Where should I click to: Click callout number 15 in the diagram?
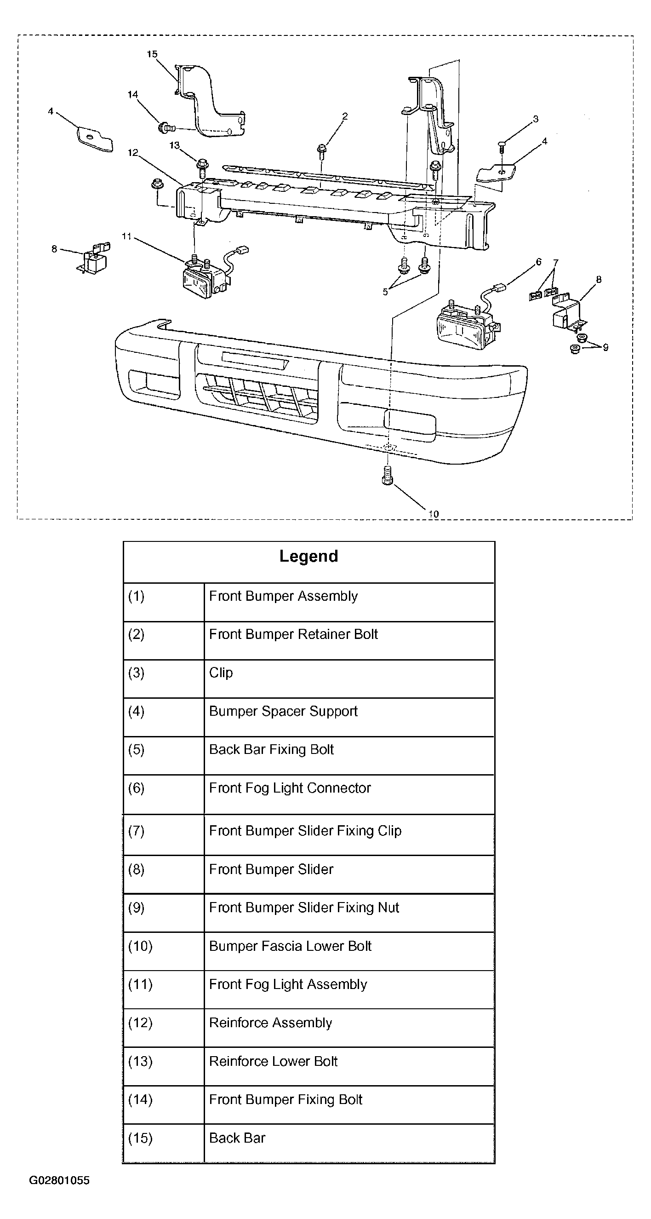152,54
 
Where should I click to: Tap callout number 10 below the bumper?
434,514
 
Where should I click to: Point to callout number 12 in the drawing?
133,152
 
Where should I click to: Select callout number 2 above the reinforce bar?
345,116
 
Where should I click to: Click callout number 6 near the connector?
538,262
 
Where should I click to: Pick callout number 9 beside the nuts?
605,347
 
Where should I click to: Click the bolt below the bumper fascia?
387,475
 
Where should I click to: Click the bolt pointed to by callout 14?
166,127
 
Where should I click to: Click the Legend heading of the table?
308,556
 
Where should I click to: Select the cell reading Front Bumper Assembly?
283,596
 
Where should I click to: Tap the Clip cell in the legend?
221,673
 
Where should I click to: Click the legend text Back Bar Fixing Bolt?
271,750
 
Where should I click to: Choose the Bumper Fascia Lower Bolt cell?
290,946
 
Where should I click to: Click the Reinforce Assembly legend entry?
271,1023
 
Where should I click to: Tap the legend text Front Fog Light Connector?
290,788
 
